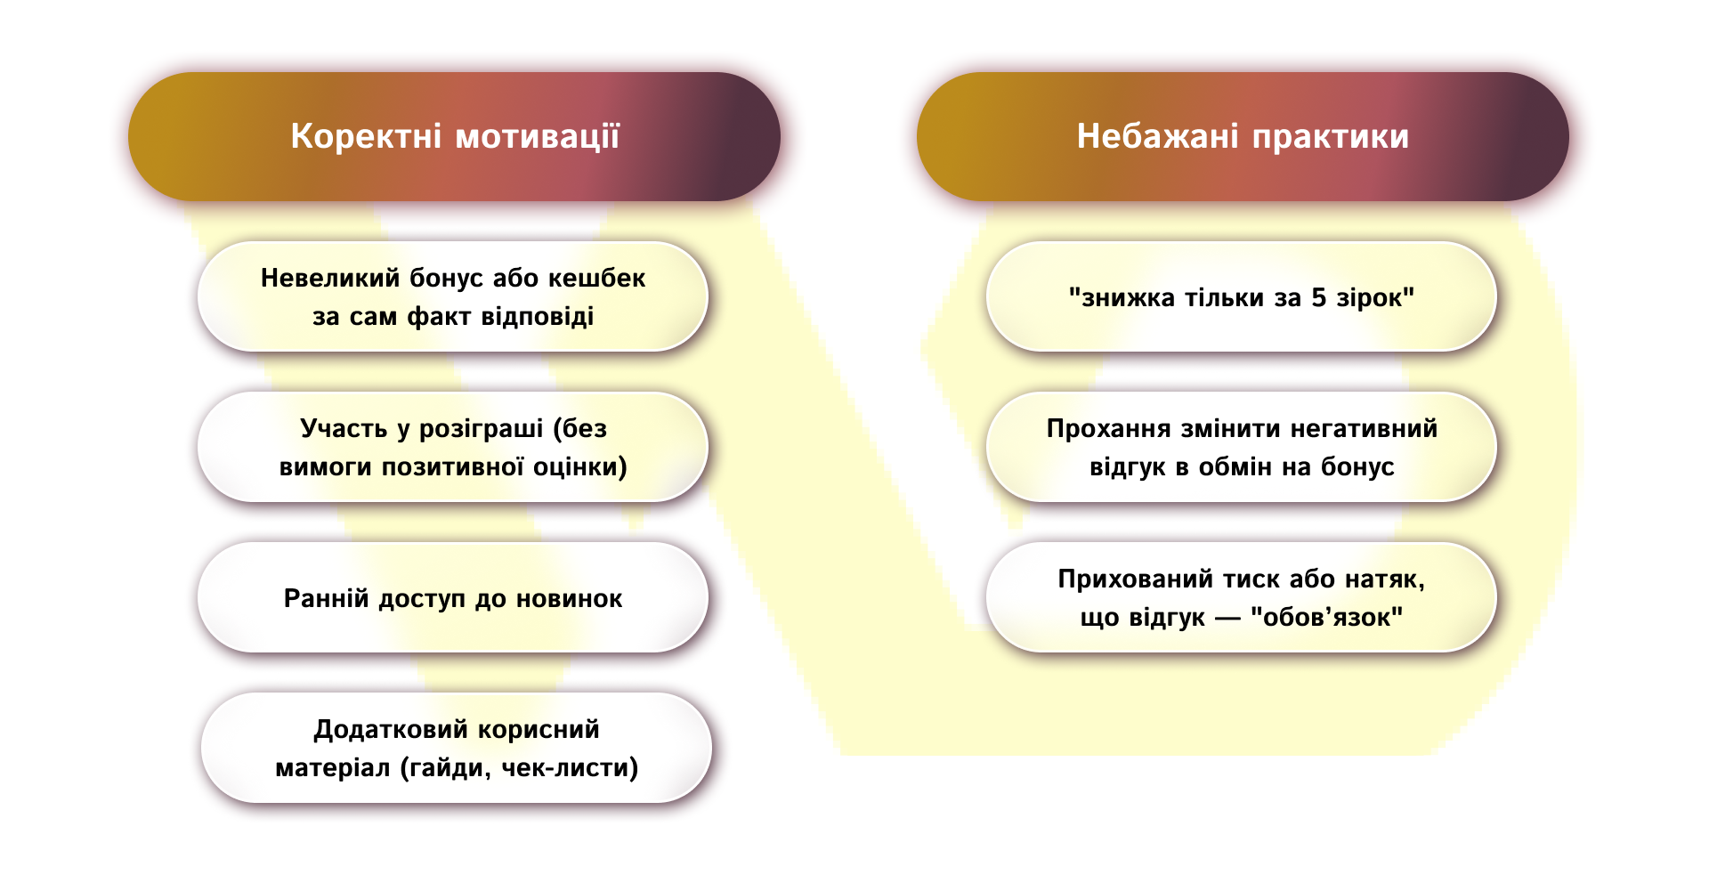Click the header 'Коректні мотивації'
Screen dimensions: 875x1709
coord(454,136)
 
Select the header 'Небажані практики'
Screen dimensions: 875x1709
coord(1243,136)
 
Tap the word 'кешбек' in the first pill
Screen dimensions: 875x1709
coord(596,278)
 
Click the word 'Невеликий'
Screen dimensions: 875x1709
coord(330,278)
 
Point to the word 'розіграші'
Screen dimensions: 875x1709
coord(481,428)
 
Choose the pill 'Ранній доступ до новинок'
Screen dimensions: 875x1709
coord(452,598)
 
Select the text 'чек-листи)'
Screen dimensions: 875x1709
coord(570,767)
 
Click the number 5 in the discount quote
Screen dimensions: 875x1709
coord(1318,297)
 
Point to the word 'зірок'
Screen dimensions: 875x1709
coord(1372,297)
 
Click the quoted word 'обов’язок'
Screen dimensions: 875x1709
coord(1326,617)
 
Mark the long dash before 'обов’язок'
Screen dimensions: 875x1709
coord(1227,618)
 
